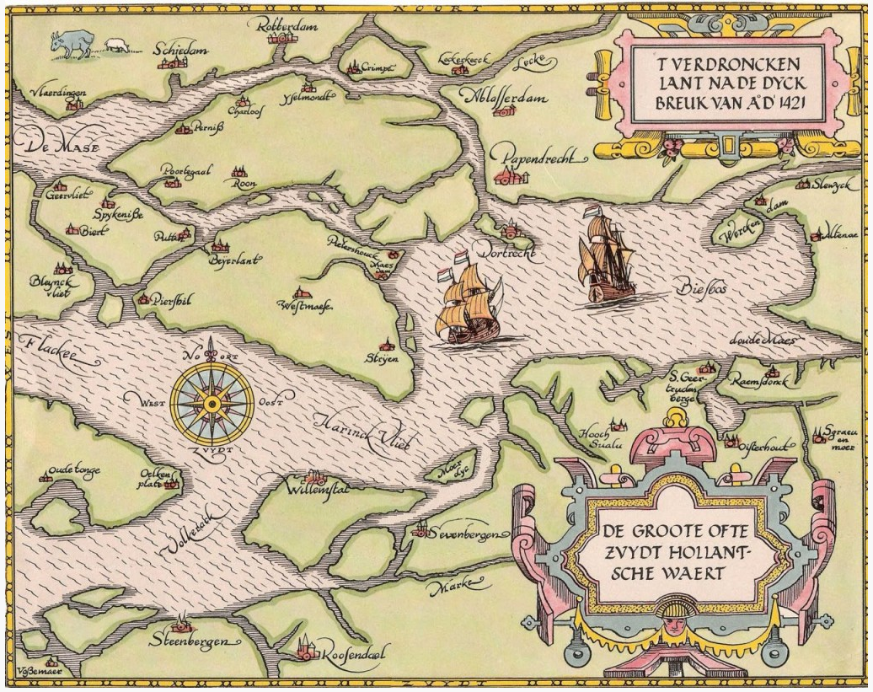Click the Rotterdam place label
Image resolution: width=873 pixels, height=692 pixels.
pyautogui.click(x=283, y=28)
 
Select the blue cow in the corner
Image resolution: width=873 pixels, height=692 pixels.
pyautogui.click(x=71, y=42)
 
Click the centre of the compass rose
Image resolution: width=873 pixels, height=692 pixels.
pyautogui.click(x=212, y=404)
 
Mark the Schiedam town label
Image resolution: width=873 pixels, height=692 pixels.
pyautogui.click(x=179, y=50)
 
